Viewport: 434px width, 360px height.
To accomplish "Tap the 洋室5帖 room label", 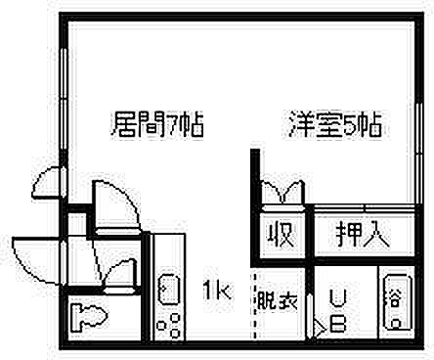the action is coord(334,126).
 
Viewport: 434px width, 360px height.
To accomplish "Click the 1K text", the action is coord(216,290).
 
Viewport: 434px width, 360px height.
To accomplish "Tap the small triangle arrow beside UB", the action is coord(318,328).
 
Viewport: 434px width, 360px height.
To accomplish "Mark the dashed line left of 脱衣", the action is coord(254,303).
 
